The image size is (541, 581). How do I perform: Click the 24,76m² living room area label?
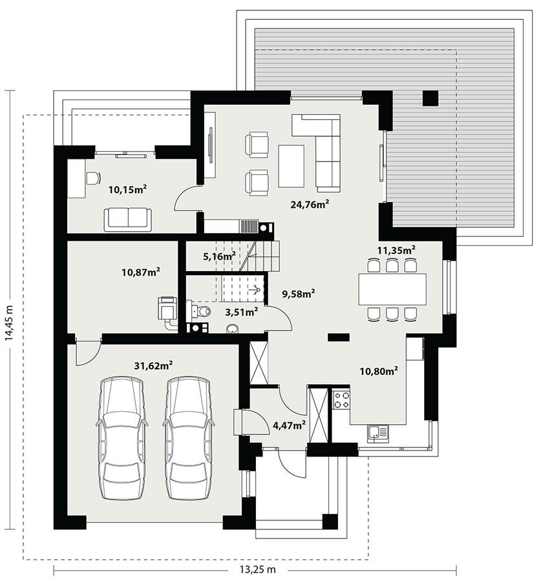coord(310,205)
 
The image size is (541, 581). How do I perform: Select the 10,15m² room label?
coord(127,189)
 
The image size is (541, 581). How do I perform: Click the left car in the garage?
coord(121,437)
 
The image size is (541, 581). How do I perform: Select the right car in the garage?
coord(188,437)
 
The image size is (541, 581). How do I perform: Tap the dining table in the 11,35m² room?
coord(392,289)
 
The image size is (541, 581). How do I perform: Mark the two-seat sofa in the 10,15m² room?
coord(128,219)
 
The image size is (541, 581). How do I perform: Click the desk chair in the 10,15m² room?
coord(94,178)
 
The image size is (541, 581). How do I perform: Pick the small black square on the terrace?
coord(430,98)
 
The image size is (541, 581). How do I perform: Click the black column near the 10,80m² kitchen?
coord(337,336)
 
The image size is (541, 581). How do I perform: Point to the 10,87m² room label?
coord(140,272)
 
